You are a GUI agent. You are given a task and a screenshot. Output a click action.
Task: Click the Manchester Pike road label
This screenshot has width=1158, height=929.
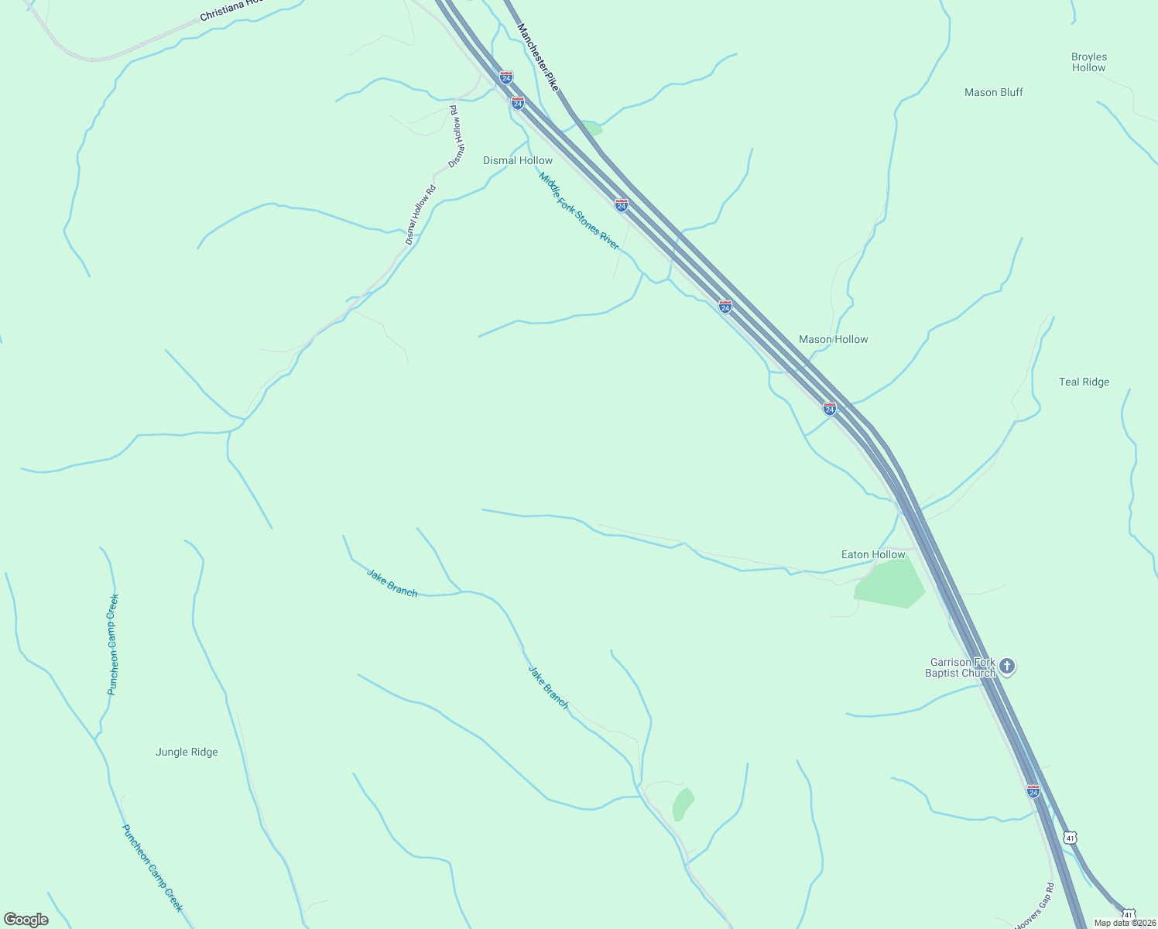tap(537, 57)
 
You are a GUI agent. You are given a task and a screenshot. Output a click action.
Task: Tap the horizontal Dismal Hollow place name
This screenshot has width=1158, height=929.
tap(518, 160)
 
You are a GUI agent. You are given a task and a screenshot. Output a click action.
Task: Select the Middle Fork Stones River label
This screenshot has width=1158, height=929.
tap(579, 211)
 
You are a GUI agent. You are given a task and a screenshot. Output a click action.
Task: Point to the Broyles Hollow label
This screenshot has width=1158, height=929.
tap(1089, 62)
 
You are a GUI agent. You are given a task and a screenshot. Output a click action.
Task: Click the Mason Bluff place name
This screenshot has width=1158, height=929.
tap(993, 92)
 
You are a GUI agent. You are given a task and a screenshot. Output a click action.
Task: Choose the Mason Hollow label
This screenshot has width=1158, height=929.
tap(833, 339)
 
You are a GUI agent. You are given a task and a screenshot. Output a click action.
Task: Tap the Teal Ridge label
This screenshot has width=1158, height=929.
tap(1084, 382)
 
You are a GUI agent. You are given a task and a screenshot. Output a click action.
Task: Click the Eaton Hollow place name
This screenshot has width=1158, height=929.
tap(873, 554)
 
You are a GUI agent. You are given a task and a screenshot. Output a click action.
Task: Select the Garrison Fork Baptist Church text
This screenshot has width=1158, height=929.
tap(960, 667)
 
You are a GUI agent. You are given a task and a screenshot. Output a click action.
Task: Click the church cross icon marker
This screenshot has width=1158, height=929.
tap(1006, 666)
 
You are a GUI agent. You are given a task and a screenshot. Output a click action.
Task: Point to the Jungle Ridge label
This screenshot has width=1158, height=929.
tap(187, 752)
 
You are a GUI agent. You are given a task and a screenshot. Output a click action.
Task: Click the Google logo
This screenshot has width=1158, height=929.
tap(26, 920)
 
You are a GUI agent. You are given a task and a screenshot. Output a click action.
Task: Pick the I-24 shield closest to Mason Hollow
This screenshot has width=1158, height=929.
tap(830, 409)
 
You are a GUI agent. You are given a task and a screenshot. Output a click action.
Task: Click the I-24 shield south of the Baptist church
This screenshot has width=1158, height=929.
tap(1033, 791)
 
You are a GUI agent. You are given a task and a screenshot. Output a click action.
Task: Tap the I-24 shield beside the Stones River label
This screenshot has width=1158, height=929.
tap(622, 205)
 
